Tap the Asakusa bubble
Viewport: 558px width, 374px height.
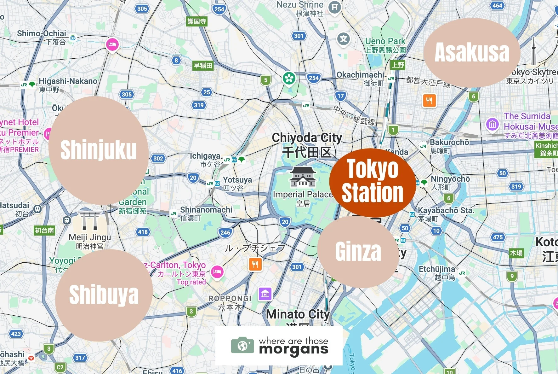click(471, 52)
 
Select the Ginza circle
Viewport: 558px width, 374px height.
click(358, 251)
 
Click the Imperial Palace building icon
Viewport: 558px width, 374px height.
click(303, 177)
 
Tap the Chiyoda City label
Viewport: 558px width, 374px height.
click(307, 138)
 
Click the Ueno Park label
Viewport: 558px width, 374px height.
click(385, 41)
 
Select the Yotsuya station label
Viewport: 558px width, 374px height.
click(237, 180)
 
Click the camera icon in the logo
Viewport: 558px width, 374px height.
click(242, 346)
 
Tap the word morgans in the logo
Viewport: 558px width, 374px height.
click(293, 349)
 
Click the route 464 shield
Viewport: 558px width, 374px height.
click(497, 5)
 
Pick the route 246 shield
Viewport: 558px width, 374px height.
click(225, 233)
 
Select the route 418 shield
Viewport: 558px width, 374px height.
click(143, 232)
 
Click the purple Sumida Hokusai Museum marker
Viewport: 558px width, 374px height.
click(493, 124)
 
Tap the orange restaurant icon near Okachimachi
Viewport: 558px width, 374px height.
click(429, 101)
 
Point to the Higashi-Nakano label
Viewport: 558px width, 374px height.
click(68, 81)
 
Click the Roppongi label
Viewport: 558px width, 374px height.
click(230, 299)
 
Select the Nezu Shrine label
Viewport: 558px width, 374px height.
click(300, 5)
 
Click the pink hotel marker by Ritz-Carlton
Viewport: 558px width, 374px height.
click(217, 272)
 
